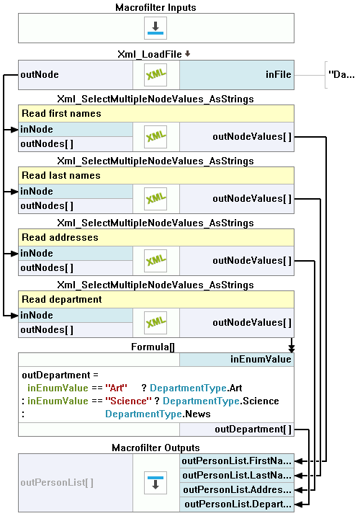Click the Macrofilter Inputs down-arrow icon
point(156,28)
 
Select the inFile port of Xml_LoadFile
point(237,75)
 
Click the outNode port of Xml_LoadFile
point(76,75)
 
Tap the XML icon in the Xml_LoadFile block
point(156,75)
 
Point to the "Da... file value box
point(341,75)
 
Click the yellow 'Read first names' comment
point(156,114)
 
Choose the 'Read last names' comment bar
point(156,175)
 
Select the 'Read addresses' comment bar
point(156,237)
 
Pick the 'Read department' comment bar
point(156,299)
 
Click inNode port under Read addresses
point(76,254)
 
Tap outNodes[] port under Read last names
point(76,206)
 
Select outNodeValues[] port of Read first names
point(237,137)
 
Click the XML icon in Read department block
point(156,323)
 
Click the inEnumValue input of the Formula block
point(237,360)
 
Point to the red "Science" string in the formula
point(129,401)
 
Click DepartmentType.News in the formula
point(158,414)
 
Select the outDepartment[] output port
point(237,430)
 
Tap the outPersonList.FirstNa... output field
point(237,461)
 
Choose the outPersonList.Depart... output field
point(237,504)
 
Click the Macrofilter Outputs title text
point(156,448)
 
